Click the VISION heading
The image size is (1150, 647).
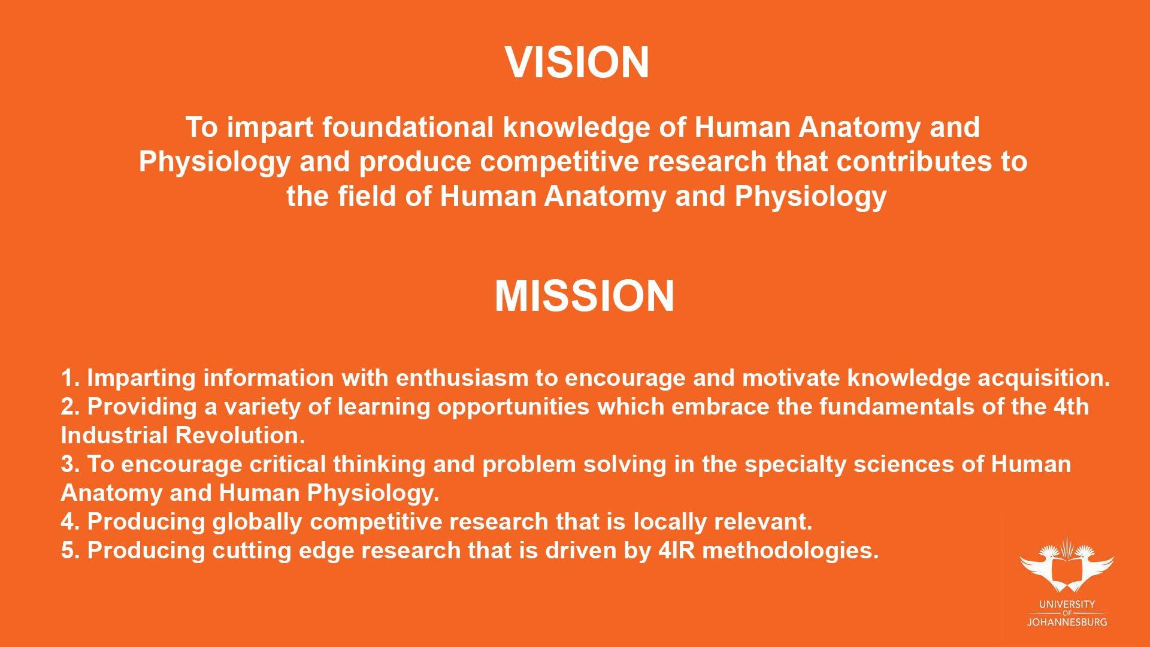[577, 62]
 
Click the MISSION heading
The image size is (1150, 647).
[585, 296]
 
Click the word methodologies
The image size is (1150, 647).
[791, 551]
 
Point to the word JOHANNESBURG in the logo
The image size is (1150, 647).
[1067, 622]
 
